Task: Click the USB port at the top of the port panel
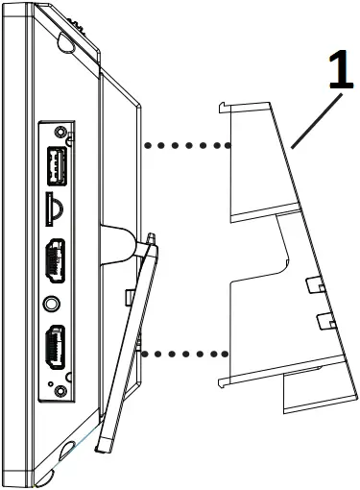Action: tap(54, 165)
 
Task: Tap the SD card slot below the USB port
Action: tap(54, 205)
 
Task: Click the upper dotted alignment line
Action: tap(187, 146)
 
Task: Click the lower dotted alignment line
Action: tap(187, 354)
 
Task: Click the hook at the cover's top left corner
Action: tap(224, 107)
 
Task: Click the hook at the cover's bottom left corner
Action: tap(224, 383)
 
